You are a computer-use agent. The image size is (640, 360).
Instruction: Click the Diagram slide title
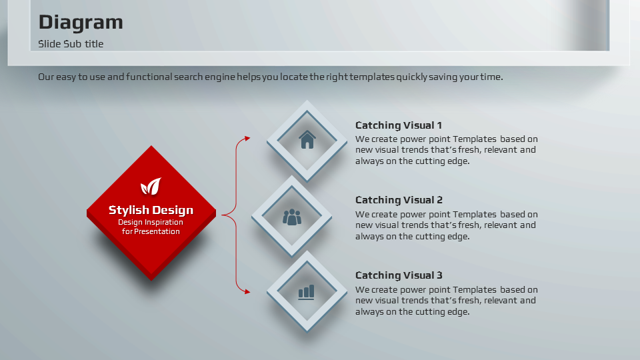tap(81, 23)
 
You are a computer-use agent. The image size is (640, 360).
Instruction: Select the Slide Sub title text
tap(71, 44)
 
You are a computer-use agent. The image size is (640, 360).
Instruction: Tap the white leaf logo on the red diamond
tap(151, 187)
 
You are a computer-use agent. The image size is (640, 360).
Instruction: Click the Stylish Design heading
tap(151, 210)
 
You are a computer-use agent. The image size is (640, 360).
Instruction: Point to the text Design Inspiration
tap(151, 223)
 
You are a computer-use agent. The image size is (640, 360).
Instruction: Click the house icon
tap(307, 139)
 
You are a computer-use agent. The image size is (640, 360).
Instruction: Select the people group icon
tap(292, 217)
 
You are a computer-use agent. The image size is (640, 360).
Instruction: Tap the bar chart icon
tap(306, 292)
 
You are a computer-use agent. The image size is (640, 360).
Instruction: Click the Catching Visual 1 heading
tap(399, 125)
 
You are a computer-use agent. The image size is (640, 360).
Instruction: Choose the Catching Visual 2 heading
tap(399, 200)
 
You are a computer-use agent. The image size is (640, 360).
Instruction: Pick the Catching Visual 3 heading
tap(399, 275)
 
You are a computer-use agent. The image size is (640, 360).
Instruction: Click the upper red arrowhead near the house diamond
tap(247, 139)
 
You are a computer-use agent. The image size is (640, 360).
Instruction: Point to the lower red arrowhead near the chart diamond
tap(247, 291)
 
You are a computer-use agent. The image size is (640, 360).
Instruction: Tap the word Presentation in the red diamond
tap(157, 231)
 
